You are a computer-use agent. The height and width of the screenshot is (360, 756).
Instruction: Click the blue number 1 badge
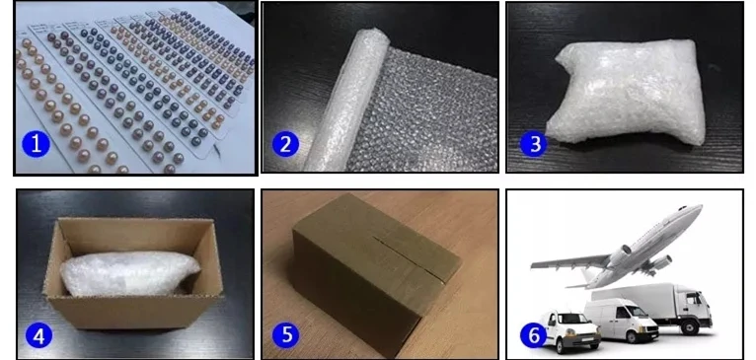tap(36, 144)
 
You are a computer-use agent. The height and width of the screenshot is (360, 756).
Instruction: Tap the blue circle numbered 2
tap(285, 144)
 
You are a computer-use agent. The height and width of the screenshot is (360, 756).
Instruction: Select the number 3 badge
tap(534, 144)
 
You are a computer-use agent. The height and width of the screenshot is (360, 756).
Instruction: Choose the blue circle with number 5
tap(285, 334)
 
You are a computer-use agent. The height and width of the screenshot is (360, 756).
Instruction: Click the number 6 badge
tap(534, 334)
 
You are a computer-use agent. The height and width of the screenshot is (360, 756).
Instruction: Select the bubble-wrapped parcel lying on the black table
tap(627, 92)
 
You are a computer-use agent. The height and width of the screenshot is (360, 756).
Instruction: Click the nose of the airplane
tap(699, 209)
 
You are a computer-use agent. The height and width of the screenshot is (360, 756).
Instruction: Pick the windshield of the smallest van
tap(572, 320)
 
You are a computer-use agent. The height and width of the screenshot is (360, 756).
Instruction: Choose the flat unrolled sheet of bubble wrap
tap(424, 110)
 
